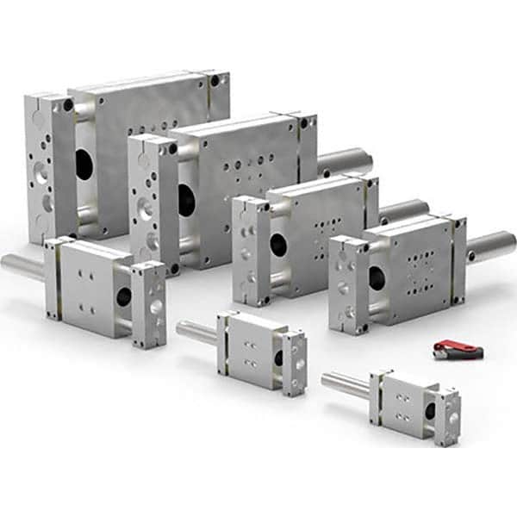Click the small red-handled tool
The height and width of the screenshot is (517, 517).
[458, 350]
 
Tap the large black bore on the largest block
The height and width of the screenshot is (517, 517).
[84, 164]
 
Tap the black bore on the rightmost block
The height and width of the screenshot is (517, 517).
[377, 277]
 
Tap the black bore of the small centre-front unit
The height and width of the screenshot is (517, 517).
[277, 357]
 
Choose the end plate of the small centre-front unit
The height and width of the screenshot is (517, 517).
[295, 362]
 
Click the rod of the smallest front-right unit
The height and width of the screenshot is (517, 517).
[345, 384]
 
